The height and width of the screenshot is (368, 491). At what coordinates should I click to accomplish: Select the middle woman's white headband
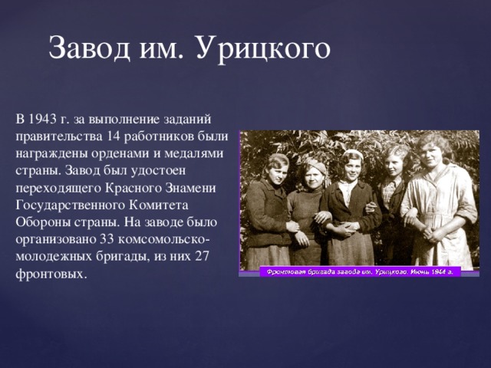[x=352, y=155]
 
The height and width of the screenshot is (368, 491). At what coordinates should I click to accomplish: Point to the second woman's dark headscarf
[x=315, y=164]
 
